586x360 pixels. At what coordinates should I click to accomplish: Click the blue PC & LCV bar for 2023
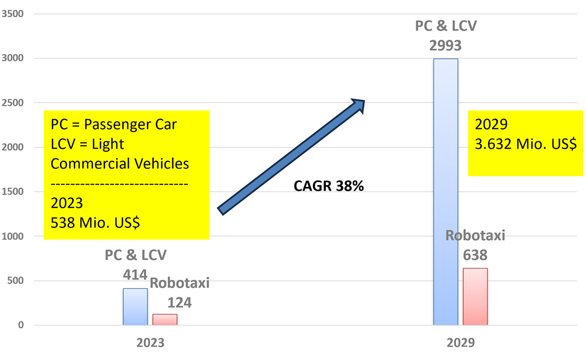tap(135, 307)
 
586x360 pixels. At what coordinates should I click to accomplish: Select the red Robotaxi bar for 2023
tap(165, 319)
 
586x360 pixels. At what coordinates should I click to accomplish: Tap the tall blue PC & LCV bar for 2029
tap(445, 191)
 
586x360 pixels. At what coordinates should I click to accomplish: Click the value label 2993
tap(445, 45)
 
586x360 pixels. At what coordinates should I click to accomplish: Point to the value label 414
tap(136, 274)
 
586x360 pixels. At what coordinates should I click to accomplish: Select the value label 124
tap(179, 302)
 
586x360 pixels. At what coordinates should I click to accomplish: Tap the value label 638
tap(475, 255)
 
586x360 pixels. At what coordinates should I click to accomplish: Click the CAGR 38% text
tap(329, 186)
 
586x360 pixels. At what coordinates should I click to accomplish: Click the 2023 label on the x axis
tap(151, 343)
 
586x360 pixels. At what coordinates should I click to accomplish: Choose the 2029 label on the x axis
tap(461, 343)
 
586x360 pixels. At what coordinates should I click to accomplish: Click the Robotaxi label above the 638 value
tap(475, 236)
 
